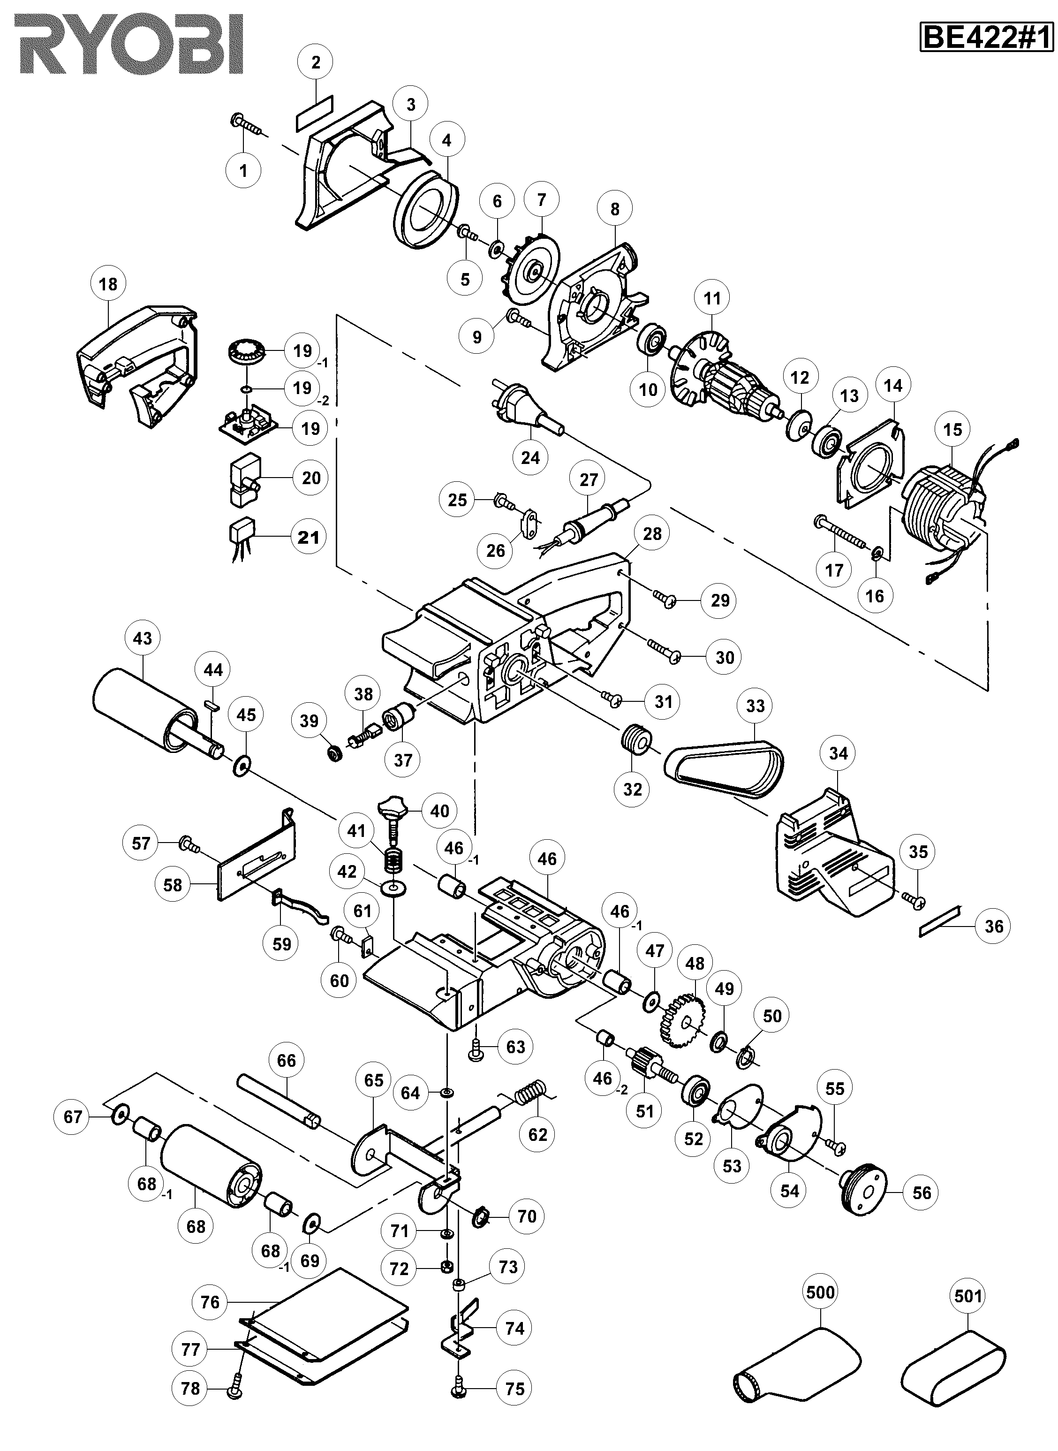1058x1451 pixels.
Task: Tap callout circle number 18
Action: click(108, 283)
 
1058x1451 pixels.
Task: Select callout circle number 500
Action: click(820, 1292)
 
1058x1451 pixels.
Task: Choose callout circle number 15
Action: click(952, 429)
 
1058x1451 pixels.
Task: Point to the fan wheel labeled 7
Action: click(529, 272)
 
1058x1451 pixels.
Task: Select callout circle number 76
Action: click(210, 1302)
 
